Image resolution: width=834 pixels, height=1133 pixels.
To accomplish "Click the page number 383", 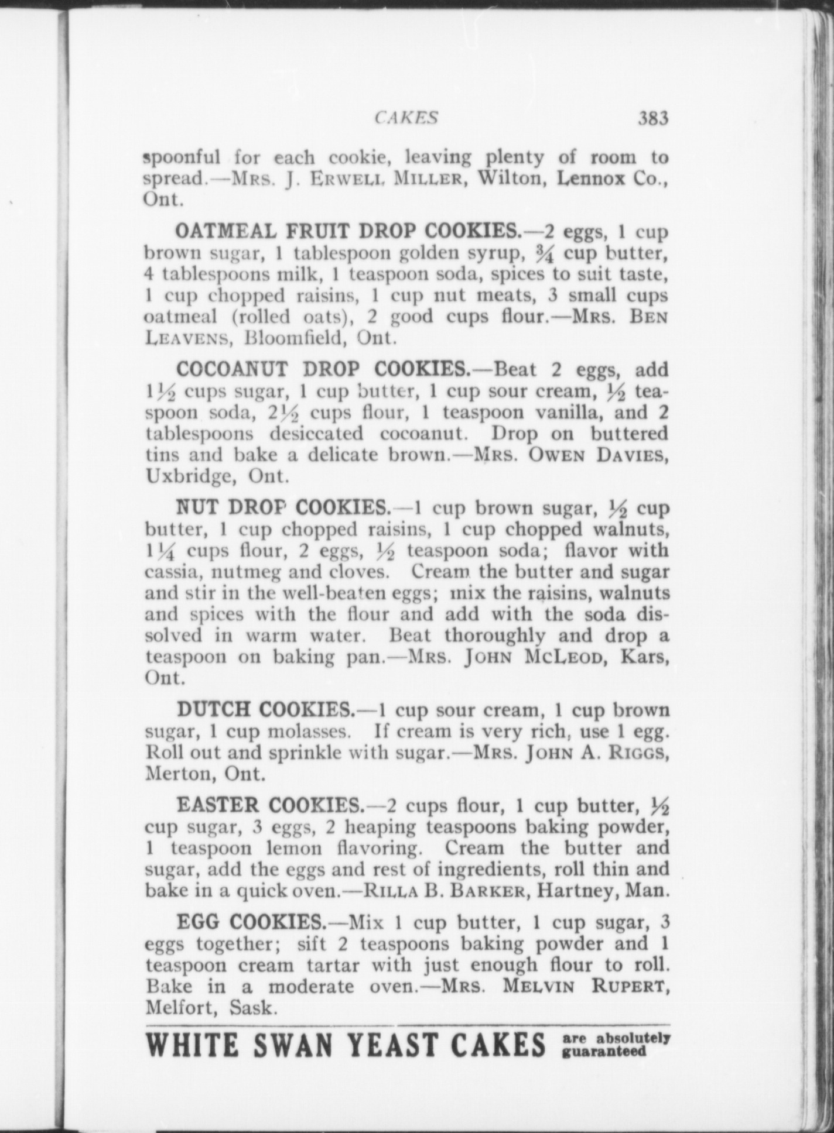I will pos(652,119).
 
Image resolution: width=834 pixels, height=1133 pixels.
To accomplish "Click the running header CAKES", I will pos(406,118).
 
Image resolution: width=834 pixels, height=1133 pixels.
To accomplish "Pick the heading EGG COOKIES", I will pos(251,922).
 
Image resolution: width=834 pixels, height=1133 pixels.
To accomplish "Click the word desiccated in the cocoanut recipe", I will pos(316,434).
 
